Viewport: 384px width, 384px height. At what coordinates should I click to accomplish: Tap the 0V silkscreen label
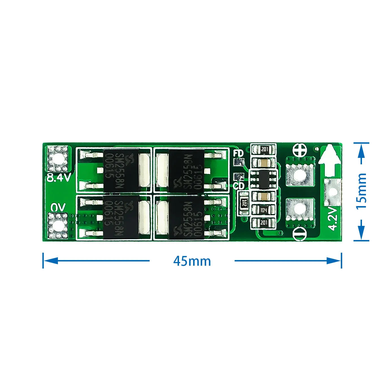[58, 208]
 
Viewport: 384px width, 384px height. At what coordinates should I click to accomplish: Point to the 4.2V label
[333, 218]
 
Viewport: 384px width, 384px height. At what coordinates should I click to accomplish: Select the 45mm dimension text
[192, 261]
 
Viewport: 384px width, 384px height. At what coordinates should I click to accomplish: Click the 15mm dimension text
[362, 191]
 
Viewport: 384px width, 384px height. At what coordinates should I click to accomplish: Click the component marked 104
[263, 210]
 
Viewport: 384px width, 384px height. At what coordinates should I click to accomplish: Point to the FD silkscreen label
[239, 153]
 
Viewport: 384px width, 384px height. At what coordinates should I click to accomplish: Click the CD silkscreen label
[239, 186]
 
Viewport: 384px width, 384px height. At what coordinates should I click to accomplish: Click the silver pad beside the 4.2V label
[333, 192]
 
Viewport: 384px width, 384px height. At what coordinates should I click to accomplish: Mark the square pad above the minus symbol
[300, 209]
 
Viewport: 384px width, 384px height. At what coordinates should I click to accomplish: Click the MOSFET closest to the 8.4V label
[121, 171]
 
